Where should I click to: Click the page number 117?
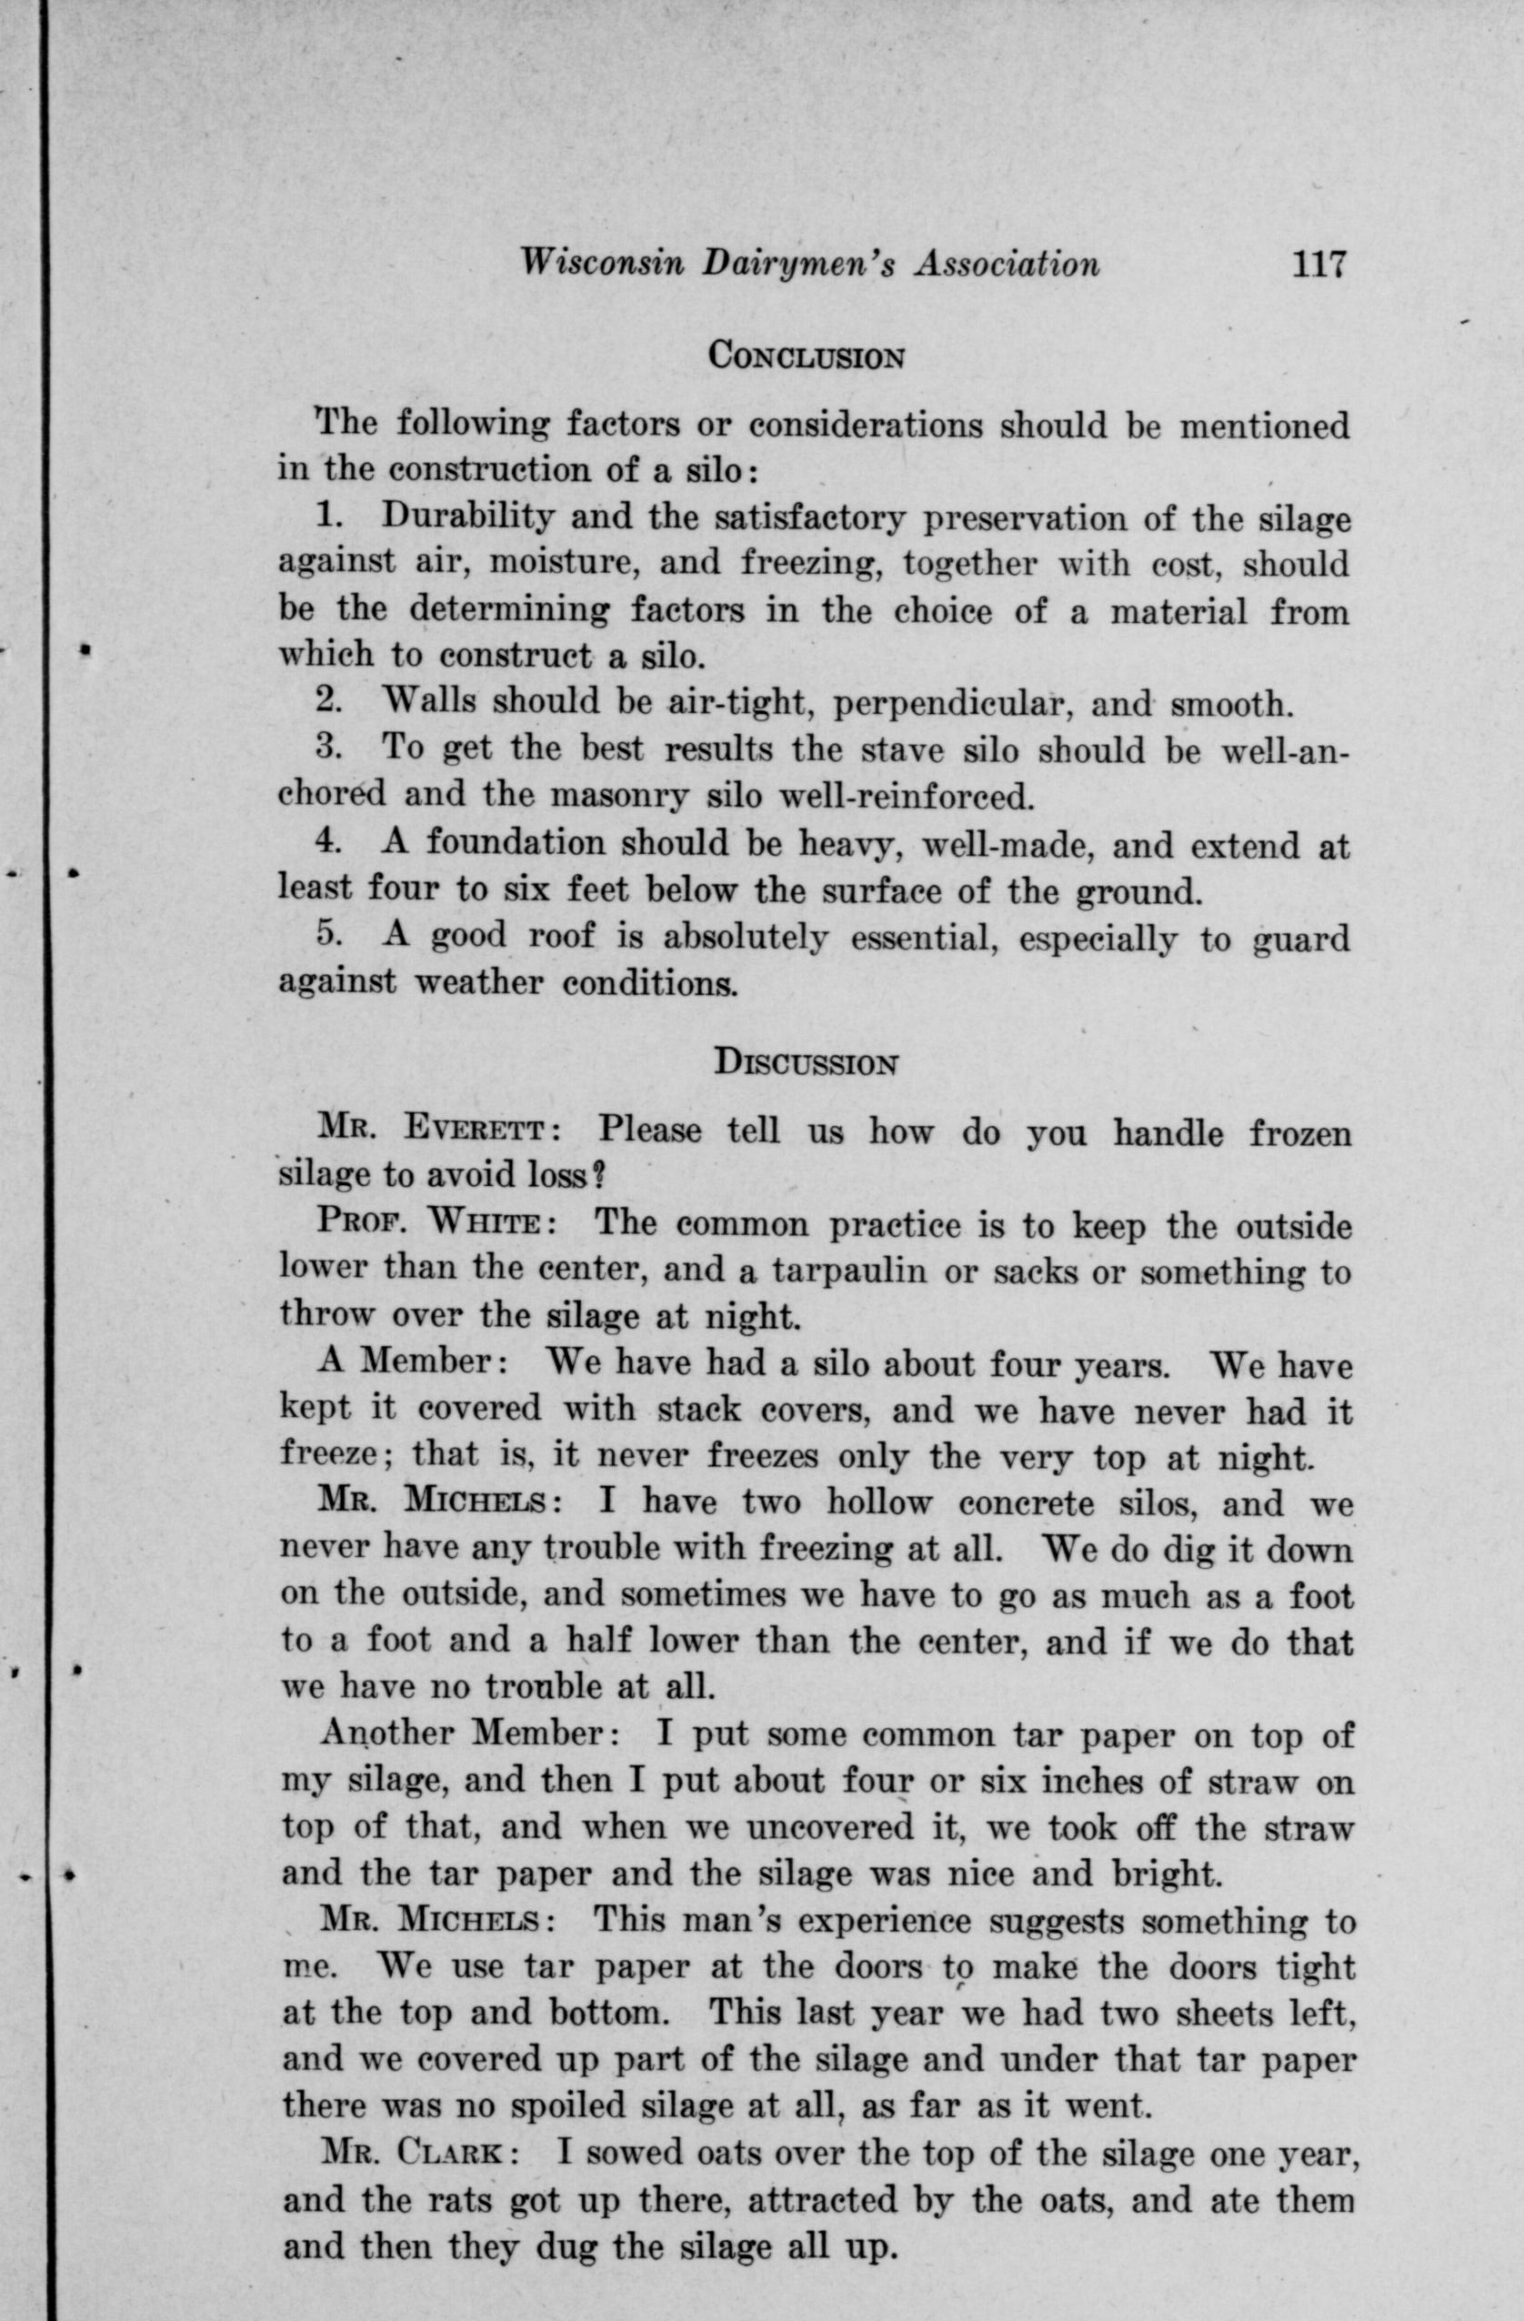pos(1318,265)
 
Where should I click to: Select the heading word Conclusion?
pos(807,355)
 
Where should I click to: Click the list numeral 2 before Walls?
pos(327,700)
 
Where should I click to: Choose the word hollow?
pos(877,1502)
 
